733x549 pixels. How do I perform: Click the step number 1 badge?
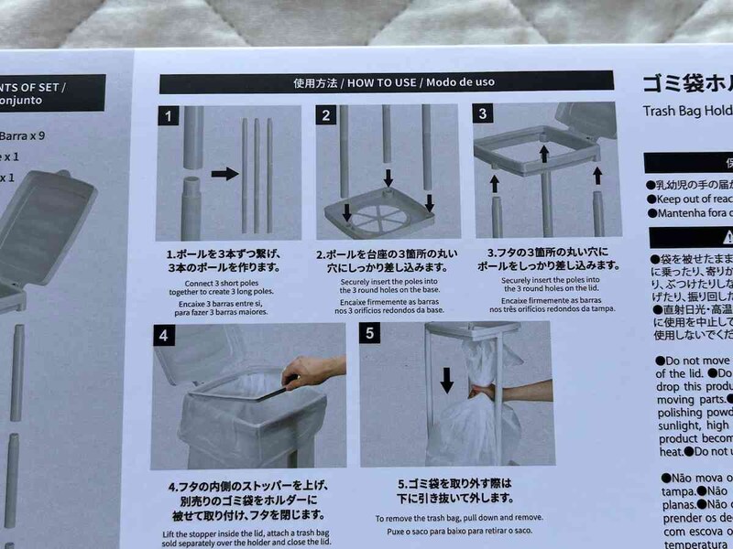[x=168, y=116]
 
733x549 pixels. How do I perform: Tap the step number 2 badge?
[x=326, y=115]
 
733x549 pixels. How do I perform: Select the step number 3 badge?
[x=485, y=114]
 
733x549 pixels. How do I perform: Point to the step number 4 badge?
[x=163, y=335]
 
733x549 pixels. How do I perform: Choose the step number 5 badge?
[x=371, y=333]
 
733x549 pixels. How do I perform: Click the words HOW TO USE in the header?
[x=380, y=82]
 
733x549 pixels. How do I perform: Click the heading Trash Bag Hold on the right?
[x=683, y=116]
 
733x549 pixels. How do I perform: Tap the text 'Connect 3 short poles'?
[x=217, y=284]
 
